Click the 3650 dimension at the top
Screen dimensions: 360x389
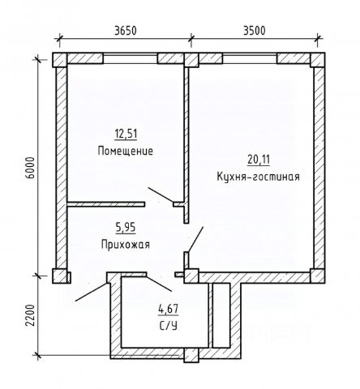[x=126, y=31]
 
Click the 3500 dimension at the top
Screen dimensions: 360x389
[x=255, y=31]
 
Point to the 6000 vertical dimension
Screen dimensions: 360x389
[x=31, y=168]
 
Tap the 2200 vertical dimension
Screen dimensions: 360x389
[x=31, y=315]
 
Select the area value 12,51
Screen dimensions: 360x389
[x=126, y=134]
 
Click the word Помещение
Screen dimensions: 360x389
[x=126, y=151]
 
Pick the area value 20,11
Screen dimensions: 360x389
[x=259, y=160]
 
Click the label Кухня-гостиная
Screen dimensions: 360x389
[x=258, y=177]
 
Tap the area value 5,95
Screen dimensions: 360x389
[x=126, y=228]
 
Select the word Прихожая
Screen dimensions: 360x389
[x=126, y=245]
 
